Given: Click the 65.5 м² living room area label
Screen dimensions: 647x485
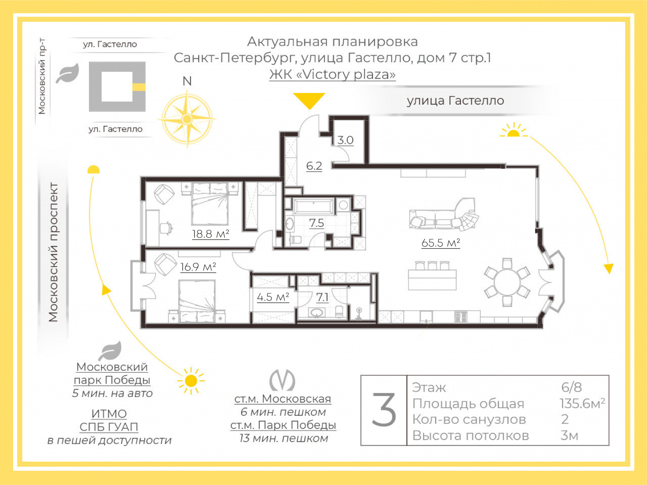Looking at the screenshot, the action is [x=441, y=243].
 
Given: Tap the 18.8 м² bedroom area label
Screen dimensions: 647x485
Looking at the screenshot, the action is [x=210, y=234].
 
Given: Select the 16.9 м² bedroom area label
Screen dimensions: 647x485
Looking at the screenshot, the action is [x=198, y=267].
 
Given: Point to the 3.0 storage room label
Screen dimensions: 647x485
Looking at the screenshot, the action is [x=345, y=140].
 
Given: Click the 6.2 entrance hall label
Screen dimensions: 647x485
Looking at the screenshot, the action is [x=314, y=166].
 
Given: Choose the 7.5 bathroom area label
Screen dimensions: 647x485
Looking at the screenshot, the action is [x=317, y=223].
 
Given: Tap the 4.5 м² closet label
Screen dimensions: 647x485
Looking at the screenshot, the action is [x=273, y=297].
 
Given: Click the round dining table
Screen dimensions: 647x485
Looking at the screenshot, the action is [x=507, y=282].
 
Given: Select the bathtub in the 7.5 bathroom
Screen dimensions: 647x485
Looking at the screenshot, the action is [x=314, y=206].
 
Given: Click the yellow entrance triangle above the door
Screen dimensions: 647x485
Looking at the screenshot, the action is [x=309, y=100].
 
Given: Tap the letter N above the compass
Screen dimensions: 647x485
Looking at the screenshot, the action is [x=187, y=81].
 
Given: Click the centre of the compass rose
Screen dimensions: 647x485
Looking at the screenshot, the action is [x=186, y=119].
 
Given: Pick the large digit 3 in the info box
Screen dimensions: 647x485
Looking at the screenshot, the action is [x=384, y=410].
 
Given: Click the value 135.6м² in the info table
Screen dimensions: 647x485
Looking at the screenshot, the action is [x=582, y=403].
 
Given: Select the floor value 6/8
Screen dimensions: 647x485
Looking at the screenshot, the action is [x=572, y=387].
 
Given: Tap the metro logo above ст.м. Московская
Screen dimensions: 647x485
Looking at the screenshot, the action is [x=282, y=380].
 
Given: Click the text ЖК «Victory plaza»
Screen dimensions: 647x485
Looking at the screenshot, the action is [x=332, y=74].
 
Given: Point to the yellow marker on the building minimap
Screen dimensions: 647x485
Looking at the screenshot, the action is [x=139, y=87].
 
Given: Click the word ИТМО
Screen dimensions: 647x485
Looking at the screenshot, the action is [x=109, y=414].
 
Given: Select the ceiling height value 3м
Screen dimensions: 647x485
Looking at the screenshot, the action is [x=569, y=436].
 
